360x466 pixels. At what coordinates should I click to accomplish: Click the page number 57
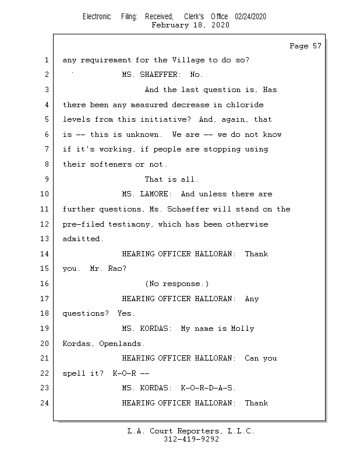point(317,46)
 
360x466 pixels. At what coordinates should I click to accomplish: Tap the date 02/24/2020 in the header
point(250,16)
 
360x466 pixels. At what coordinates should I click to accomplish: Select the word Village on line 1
point(189,60)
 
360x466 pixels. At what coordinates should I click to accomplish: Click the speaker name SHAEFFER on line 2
point(159,75)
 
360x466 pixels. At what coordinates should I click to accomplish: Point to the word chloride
point(245,105)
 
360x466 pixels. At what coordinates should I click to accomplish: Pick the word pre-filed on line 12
point(83,224)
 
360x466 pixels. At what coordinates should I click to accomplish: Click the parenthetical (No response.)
point(177,284)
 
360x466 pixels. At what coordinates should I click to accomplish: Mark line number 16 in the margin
point(44,284)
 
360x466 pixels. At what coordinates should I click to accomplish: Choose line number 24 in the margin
point(44,403)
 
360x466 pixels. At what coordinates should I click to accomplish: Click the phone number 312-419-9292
point(191,439)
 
